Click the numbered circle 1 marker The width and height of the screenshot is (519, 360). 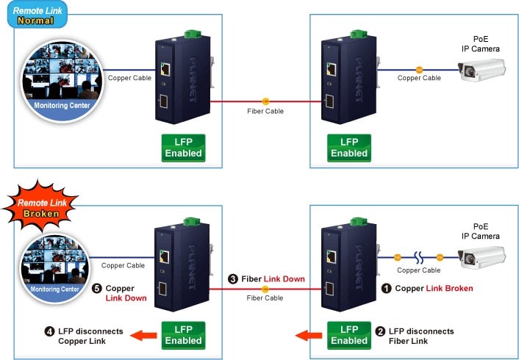click(x=387, y=289)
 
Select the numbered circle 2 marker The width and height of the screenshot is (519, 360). click(x=379, y=331)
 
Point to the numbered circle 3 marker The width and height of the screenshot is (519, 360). click(x=233, y=279)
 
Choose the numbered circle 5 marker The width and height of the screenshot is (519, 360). click(x=97, y=289)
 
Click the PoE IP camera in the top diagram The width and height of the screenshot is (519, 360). click(x=482, y=71)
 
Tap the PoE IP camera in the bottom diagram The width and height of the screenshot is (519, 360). click(x=482, y=256)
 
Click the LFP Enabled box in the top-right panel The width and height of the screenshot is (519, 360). click(x=348, y=148)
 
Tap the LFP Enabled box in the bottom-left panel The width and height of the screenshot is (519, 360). click(x=183, y=335)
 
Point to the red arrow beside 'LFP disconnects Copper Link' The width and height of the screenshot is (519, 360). click(x=145, y=336)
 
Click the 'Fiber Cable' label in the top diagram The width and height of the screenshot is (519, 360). click(x=265, y=111)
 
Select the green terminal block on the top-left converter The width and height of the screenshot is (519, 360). click(x=193, y=32)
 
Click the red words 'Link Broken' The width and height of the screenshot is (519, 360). click(x=449, y=289)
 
